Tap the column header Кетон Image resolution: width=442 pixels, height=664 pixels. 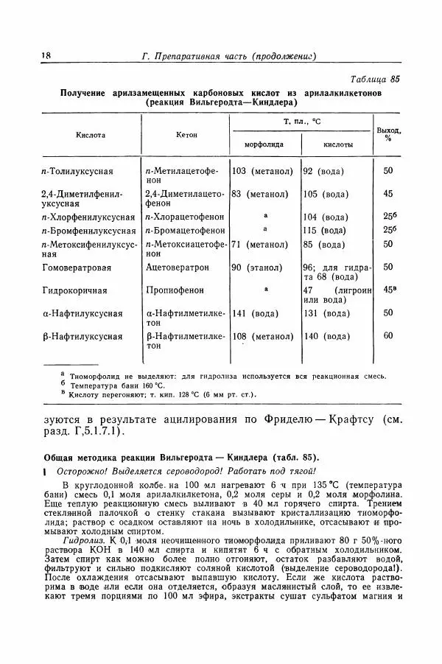(186, 136)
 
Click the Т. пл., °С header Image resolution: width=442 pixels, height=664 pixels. (300, 120)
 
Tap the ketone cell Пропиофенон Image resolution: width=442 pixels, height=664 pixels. (175, 290)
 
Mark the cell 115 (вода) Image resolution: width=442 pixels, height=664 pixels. (326, 231)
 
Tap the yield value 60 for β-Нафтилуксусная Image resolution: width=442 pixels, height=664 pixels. (387, 336)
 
